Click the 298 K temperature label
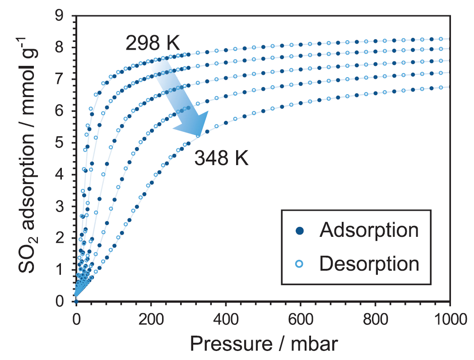pyautogui.click(x=153, y=44)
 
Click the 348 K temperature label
pyautogui.click(x=221, y=159)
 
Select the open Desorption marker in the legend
pyautogui.click(x=301, y=263)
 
